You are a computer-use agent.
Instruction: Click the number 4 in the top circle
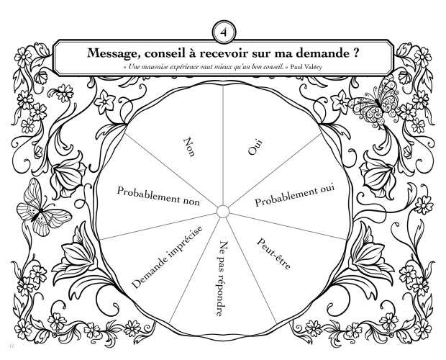(x=223, y=32)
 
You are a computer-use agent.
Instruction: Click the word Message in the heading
(x=116, y=53)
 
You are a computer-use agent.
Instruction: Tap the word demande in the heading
(x=316, y=53)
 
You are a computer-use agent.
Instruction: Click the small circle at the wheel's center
(x=222, y=210)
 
